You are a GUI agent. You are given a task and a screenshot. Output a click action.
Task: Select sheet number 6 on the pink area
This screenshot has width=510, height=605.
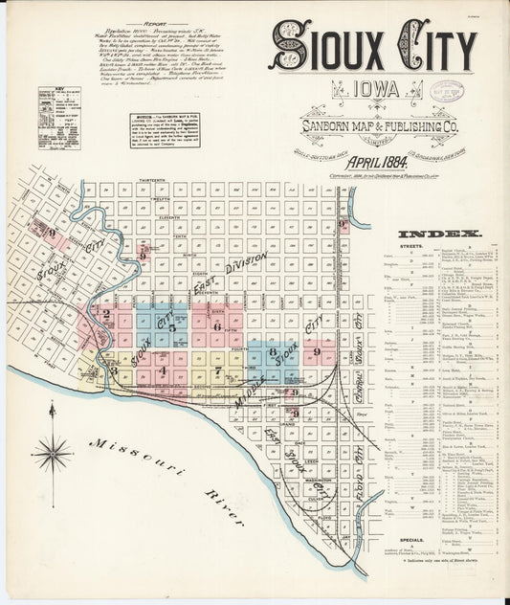[x=217, y=327]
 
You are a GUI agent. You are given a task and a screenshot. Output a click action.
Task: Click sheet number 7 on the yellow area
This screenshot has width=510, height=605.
[x=218, y=369]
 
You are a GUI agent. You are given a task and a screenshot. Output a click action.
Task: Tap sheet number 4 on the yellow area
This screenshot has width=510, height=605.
[x=164, y=370]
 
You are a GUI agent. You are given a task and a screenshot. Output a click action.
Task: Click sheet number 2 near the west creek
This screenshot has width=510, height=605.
[x=107, y=312]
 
